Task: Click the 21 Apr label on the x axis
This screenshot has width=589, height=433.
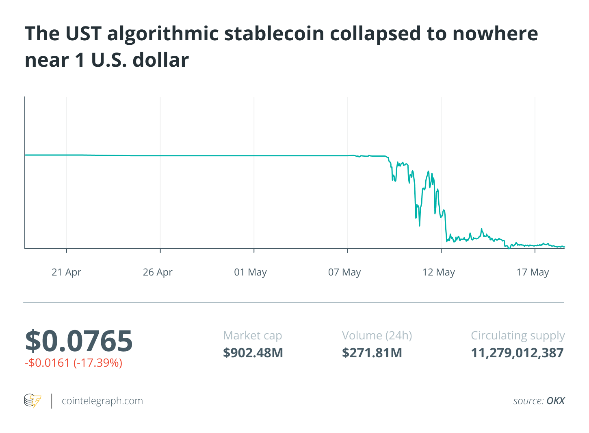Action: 66,272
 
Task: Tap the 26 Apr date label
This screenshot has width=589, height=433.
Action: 158,272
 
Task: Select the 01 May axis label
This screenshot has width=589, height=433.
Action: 250,272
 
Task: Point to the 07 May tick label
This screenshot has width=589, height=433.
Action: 344,272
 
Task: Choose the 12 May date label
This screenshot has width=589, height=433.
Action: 438,272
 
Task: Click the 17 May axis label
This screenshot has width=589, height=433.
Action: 533,272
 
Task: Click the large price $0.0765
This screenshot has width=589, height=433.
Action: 79,341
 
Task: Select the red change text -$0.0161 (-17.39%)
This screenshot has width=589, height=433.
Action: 74,363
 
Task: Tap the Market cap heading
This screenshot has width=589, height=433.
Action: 253,336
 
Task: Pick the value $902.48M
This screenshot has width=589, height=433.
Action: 253,353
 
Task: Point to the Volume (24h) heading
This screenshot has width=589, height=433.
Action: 377,336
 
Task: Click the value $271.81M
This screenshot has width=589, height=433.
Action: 372,353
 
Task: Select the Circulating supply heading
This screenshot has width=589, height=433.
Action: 518,336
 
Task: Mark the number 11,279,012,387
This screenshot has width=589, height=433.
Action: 518,353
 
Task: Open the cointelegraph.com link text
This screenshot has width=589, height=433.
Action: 102,401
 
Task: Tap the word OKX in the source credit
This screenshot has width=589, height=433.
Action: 556,401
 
